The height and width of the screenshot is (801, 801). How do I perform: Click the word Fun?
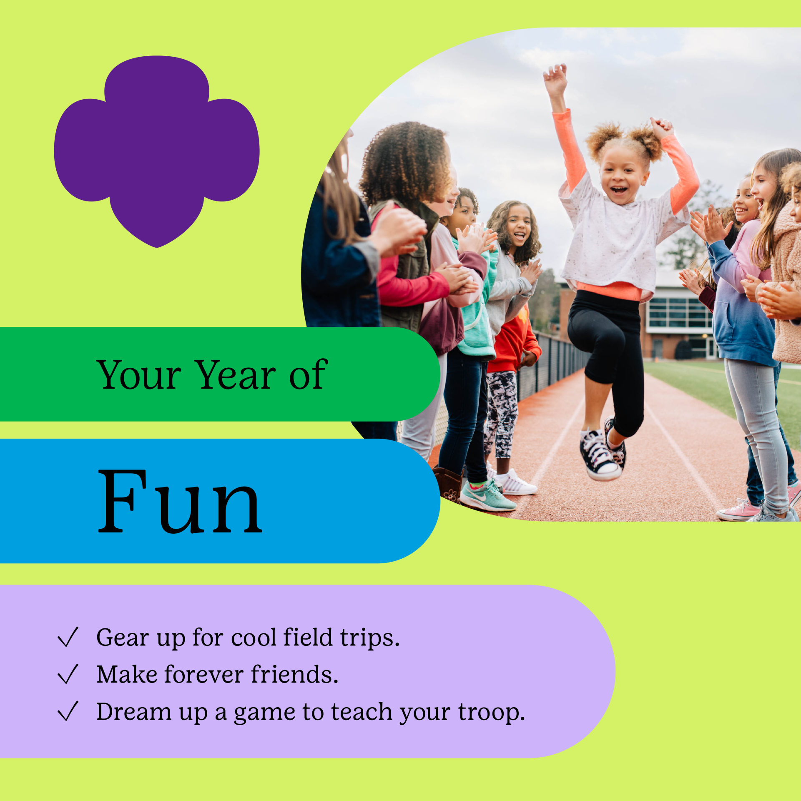pyautogui.click(x=180, y=502)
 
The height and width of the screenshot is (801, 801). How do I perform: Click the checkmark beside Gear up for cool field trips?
pyautogui.click(x=68, y=637)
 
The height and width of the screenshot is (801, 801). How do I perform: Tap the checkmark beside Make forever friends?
pyautogui.click(x=68, y=674)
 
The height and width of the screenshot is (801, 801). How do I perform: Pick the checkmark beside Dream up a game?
pyautogui.click(x=68, y=711)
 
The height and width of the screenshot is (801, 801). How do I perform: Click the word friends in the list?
pyautogui.click(x=294, y=674)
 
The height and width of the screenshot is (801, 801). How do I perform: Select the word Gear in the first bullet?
pyautogui.click(x=123, y=638)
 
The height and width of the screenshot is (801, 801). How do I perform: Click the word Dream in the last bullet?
pyautogui.click(x=134, y=711)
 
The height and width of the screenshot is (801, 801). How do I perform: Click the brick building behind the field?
pyautogui.click(x=675, y=317)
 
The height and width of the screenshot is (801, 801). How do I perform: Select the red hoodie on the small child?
pyautogui.click(x=514, y=342)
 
